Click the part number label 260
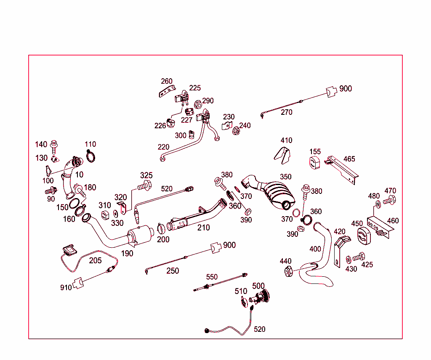[x=167, y=81]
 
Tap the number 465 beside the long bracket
[x=349, y=159]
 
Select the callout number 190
[x=127, y=253]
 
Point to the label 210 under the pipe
[x=203, y=228]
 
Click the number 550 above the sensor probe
[x=212, y=277]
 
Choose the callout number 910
[x=66, y=288]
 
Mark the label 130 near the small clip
[x=41, y=158]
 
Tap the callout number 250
[x=173, y=271]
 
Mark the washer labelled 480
[x=378, y=204]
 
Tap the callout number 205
[x=95, y=260]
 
